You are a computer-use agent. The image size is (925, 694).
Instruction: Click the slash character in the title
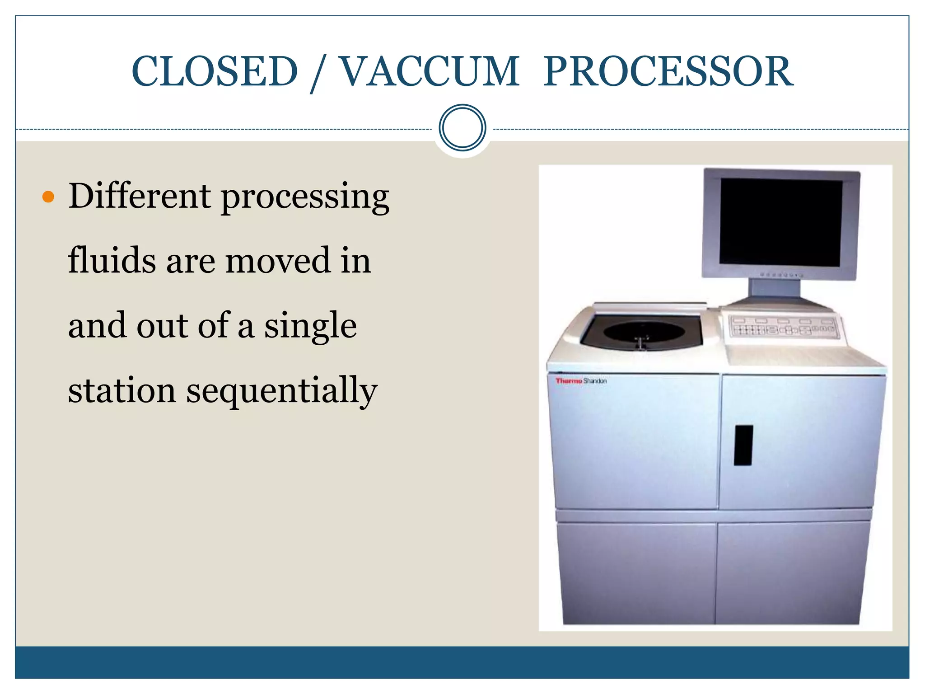(318, 73)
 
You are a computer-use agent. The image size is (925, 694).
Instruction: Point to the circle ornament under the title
(462, 128)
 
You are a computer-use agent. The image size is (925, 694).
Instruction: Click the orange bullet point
(47, 197)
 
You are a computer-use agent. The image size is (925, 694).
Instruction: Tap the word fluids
(112, 261)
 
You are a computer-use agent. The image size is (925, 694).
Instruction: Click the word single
(310, 326)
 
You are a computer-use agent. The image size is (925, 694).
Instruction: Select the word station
(121, 390)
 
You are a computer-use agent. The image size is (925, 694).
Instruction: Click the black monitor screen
(780, 222)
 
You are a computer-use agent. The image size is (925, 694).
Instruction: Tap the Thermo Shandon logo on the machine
(581, 381)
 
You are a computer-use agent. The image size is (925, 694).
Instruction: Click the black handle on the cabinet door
(743, 445)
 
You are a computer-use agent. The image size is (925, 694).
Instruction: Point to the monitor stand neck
(775, 287)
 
